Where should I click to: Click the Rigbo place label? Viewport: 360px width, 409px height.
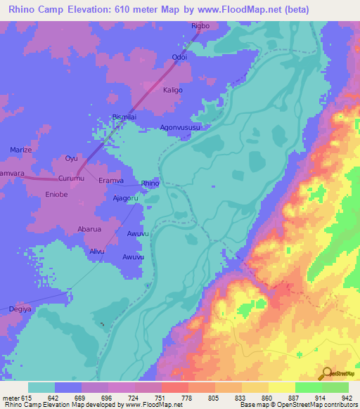200,26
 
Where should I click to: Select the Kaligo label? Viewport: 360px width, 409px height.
173,91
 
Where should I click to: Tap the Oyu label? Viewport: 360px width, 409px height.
71,158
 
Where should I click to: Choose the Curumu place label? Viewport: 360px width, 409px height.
71,178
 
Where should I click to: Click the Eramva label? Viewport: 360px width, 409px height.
110,181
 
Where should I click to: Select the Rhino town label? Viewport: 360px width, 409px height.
150,183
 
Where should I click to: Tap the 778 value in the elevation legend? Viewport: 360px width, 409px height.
187,397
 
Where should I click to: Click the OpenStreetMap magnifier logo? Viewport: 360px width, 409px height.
327,374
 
